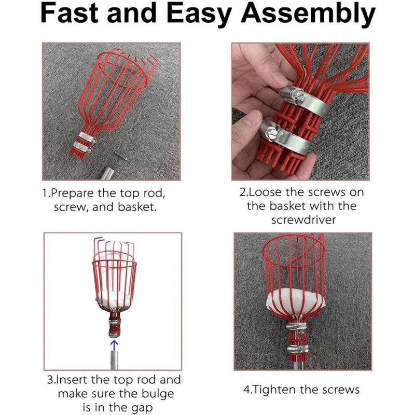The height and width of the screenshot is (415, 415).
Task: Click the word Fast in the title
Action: click(73, 16)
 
